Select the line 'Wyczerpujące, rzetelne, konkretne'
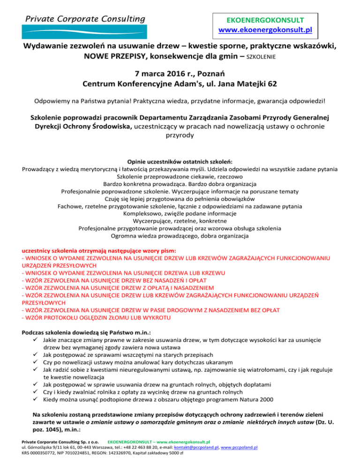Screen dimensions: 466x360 click(180, 220)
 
